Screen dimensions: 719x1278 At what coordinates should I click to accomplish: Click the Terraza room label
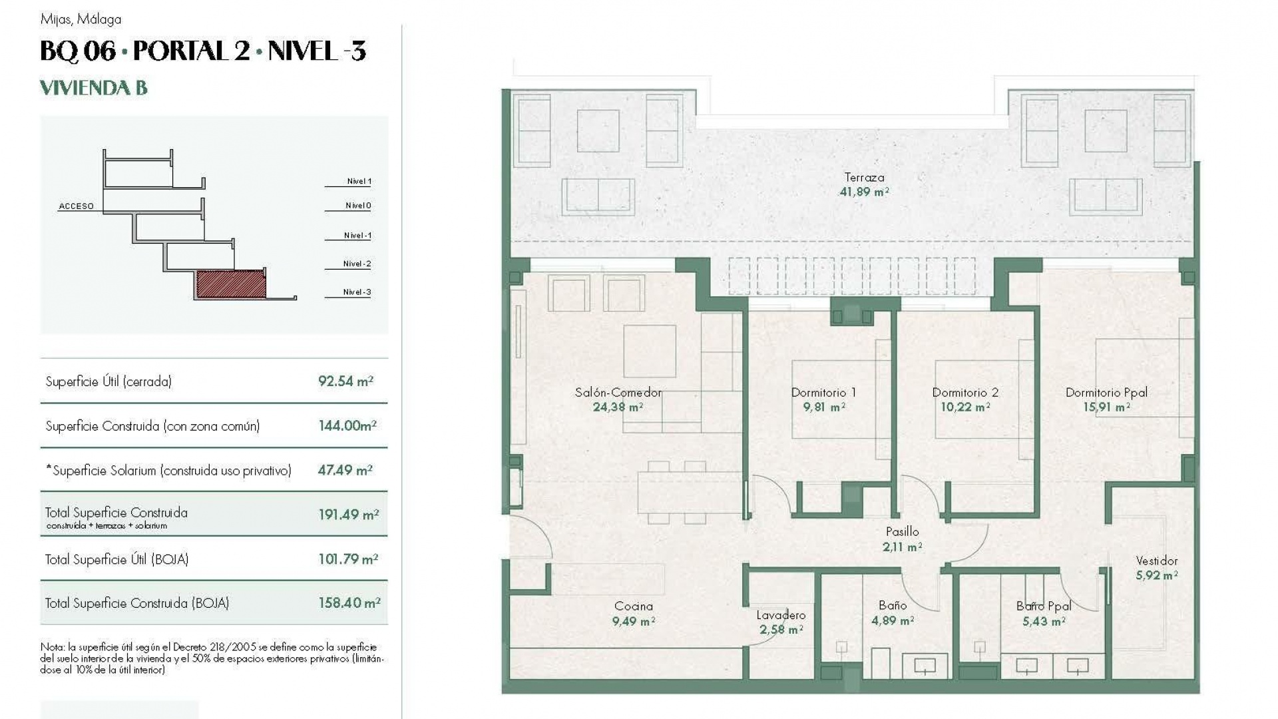click(864, 178)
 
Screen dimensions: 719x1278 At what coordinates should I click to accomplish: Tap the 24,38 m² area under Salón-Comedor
click(618, 407)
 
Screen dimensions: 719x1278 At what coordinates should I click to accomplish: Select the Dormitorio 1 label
click(823, 393)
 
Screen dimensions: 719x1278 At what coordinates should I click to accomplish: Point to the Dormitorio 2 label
click(965, 393)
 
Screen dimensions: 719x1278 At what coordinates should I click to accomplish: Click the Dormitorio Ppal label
click(1106, 393)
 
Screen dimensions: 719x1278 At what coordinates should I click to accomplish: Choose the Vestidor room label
click(1156, 561)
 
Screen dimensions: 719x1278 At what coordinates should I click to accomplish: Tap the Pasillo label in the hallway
click(902, 532)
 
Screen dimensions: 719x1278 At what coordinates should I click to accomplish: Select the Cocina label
click(633, 606)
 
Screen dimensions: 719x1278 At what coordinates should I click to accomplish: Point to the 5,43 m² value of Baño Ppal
click(1044, 622)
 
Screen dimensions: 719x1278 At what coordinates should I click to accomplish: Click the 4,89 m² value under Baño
click(892, 621)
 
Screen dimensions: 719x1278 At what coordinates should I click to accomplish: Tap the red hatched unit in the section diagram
click(230, 284)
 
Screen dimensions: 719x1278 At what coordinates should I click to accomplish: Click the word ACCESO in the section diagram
click(76, 206)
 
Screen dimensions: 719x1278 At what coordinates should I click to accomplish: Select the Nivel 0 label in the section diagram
click(357, 206)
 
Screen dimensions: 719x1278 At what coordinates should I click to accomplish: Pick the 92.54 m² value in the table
click(345, 381)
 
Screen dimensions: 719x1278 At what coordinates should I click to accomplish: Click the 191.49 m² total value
click(348, 515)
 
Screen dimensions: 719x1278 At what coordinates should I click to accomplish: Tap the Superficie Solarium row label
click(168, 471)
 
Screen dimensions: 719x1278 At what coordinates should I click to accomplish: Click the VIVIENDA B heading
click(94, 88)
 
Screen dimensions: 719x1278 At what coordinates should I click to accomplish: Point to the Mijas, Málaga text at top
click(81, 19)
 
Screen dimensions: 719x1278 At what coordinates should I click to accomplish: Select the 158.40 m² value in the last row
click(349, 603)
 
